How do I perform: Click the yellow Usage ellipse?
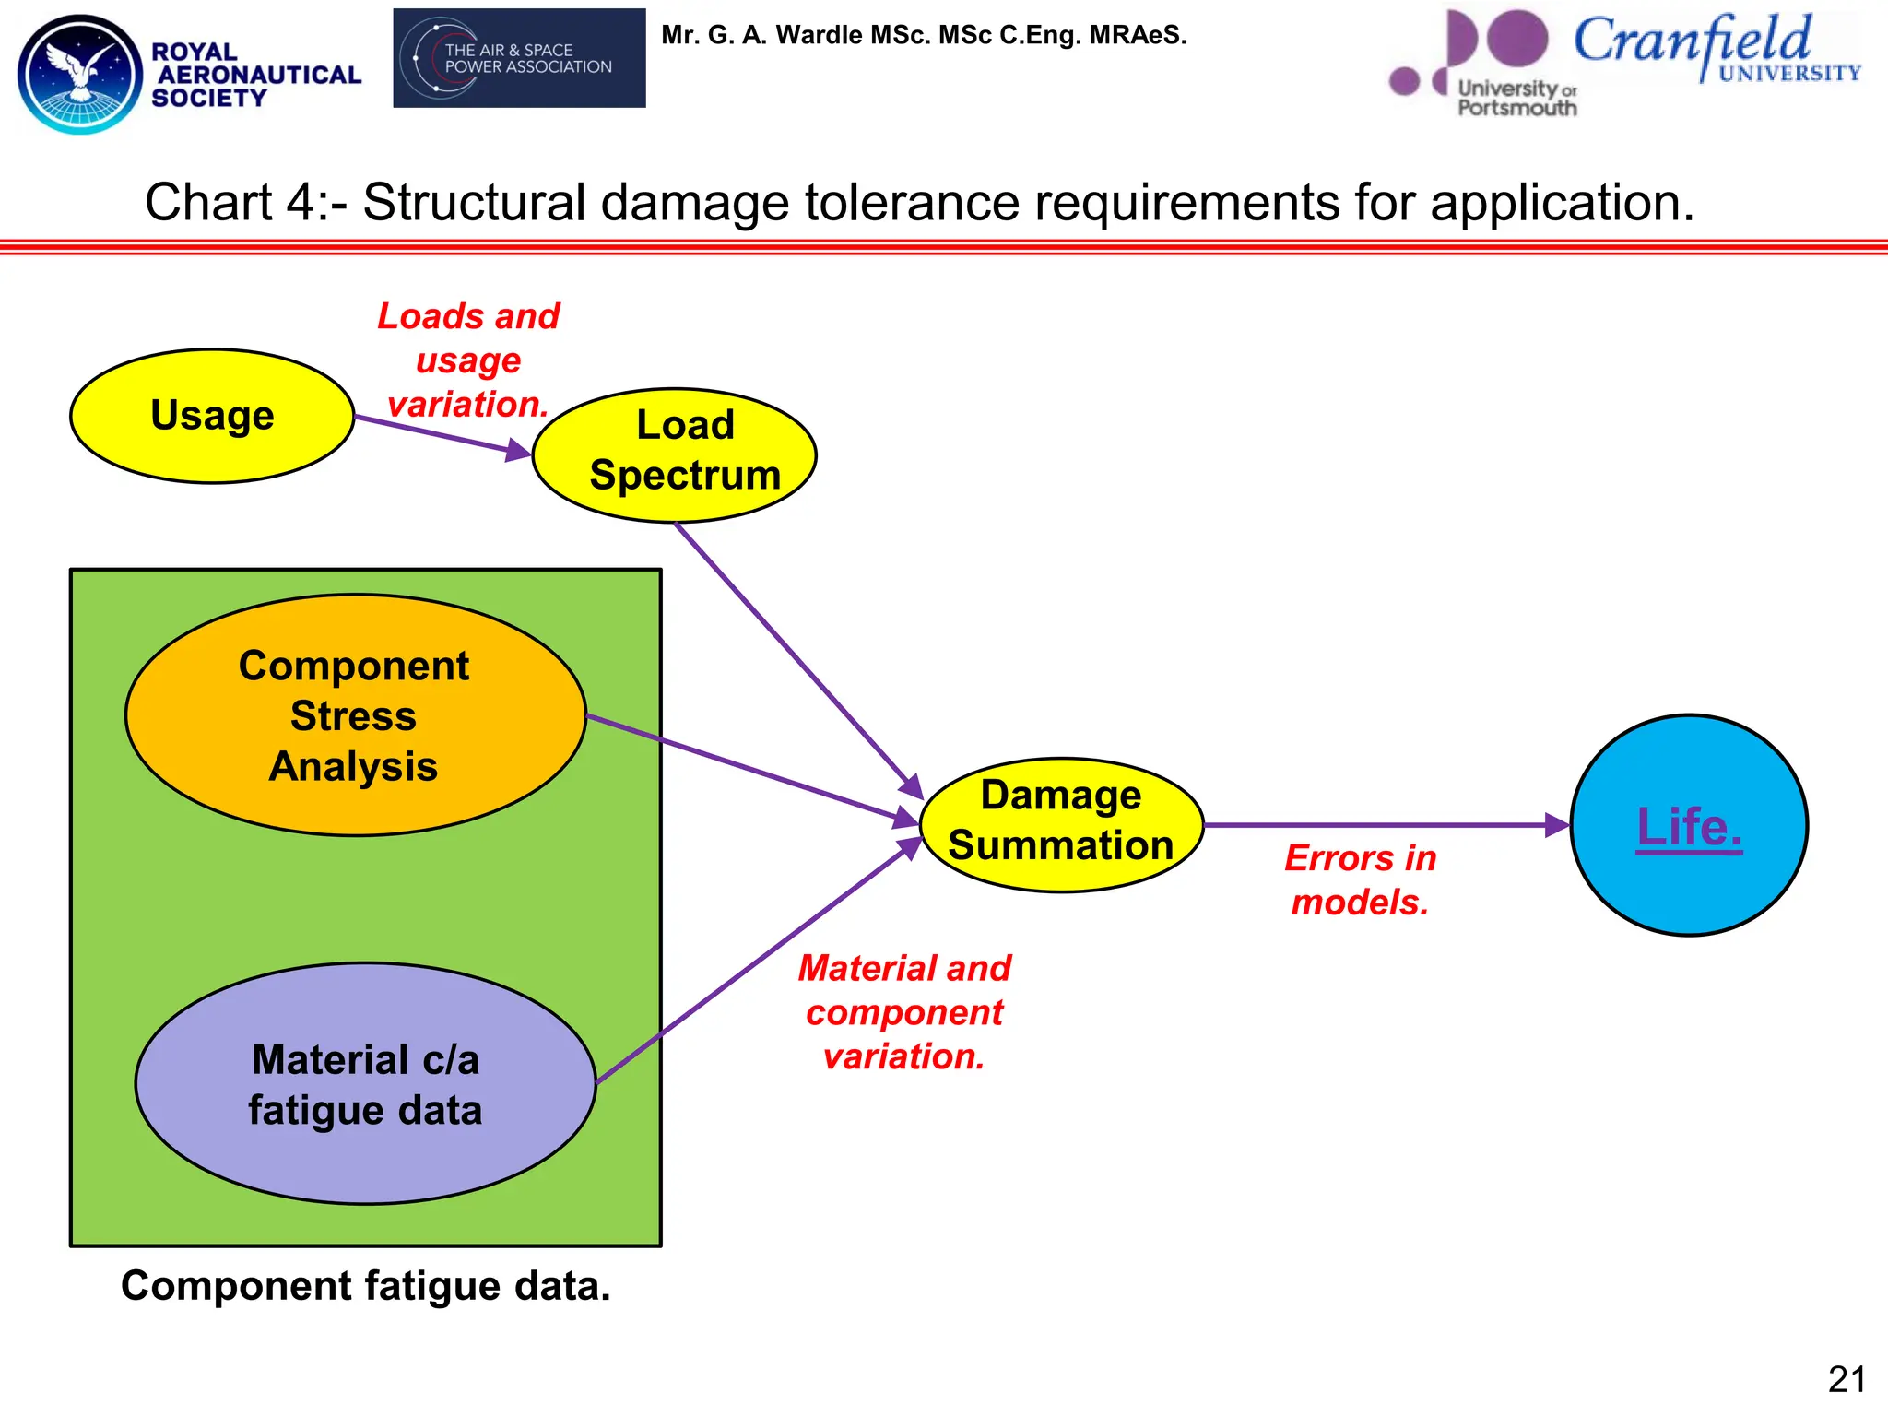tap(212, 416)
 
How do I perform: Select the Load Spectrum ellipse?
tap(674, 455)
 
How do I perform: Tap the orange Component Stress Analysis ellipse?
tap(355, 715)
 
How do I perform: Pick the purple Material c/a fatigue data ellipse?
tap(365, 1084)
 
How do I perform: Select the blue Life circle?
tap(1689, 825)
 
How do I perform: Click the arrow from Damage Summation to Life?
tap(1383, 825)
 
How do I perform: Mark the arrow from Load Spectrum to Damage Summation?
tap(793, 655)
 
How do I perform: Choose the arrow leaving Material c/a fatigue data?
tap(756, 963)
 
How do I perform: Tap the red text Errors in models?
tap(1360, 880)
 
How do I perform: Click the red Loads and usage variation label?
tap(468, 360)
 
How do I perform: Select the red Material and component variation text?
tap(904, 1012)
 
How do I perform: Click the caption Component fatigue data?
tap(365, 1286)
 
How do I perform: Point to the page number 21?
tap(1847, 1380)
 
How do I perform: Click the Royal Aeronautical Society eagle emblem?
tap(81, 74)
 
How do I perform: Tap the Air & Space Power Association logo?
tap(519, 58)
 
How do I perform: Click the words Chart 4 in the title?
tap(230, 203)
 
